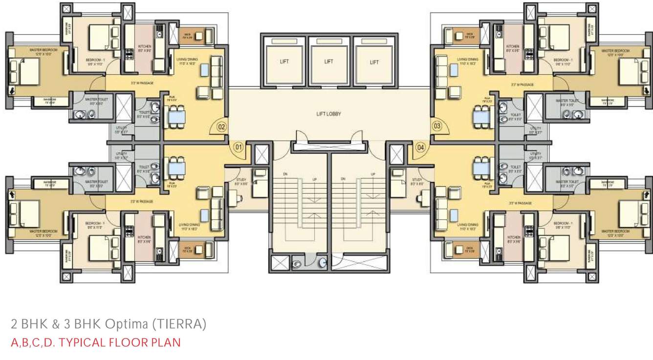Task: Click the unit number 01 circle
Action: (239, 146)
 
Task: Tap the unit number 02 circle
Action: (221, 127)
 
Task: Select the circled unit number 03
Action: (437, 126)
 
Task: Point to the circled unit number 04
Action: (420, 146)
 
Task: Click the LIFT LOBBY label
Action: (328, 114)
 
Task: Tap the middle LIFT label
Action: (328, 62)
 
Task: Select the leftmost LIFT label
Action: (284, 62)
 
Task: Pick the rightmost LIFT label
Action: (374, 62)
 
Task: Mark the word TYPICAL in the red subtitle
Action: (81, 342)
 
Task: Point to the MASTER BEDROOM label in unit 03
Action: (615, 51)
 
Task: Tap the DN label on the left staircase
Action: (285, 174)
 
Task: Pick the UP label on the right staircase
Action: (373, 174)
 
